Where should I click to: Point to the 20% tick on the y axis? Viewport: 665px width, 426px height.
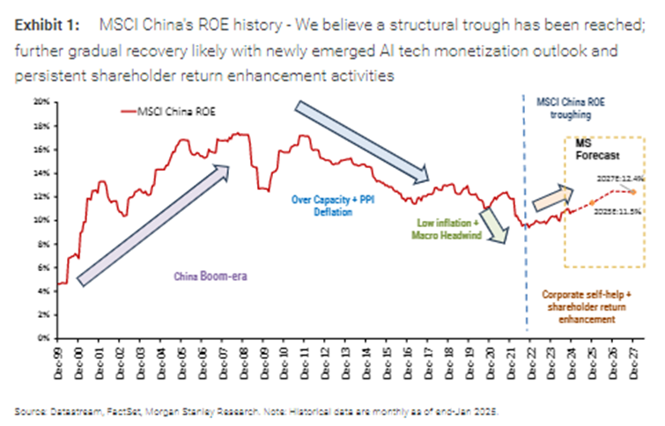[41, 102]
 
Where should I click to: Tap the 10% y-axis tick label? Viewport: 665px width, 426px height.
[41, 220]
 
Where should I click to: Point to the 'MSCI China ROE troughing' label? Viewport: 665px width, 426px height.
[567, 108]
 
